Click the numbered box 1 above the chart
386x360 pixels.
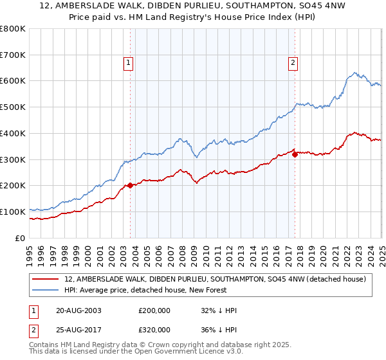129,63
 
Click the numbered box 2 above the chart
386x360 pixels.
293,63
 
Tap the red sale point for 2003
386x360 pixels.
130,185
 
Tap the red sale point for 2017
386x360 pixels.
295,154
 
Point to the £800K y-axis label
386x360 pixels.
13,29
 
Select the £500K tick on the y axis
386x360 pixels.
13,107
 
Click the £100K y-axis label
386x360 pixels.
13,212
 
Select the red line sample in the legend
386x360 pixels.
46,279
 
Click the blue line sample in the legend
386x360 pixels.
46,290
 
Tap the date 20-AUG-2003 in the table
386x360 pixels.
78,310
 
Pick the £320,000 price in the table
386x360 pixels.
154,329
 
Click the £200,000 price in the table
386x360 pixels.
154,310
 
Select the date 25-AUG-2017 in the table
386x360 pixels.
78,329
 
